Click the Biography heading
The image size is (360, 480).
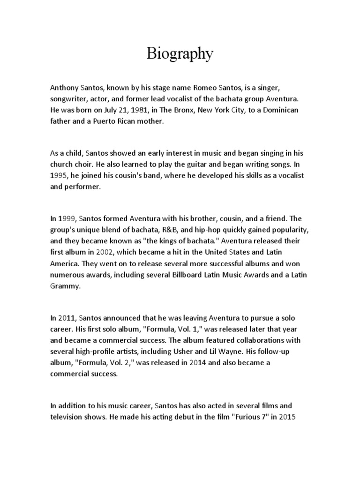click(180, 54)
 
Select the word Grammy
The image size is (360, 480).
click(65, 286)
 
